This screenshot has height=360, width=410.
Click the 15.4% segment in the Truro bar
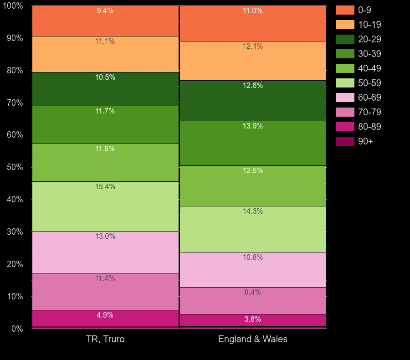[105, 206]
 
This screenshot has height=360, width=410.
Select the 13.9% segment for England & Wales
[253, 143]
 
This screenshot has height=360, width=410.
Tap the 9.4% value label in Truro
[105, 11]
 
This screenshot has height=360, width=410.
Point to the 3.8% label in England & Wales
[253, 319]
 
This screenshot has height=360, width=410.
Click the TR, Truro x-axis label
[105, 339]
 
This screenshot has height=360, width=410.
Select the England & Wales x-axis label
[253, 339]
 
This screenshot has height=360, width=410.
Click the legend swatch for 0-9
[345, 10]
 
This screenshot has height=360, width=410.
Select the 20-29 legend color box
[345, 39]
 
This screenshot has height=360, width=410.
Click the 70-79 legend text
[369, 112]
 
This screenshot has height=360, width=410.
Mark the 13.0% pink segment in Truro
[105, 252]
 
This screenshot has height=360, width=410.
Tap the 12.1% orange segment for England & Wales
[253, 61]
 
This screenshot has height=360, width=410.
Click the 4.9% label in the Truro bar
[105, 315]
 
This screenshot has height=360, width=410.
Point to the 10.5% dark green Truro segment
[105, 89]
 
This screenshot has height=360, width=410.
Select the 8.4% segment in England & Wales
[253, 300]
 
